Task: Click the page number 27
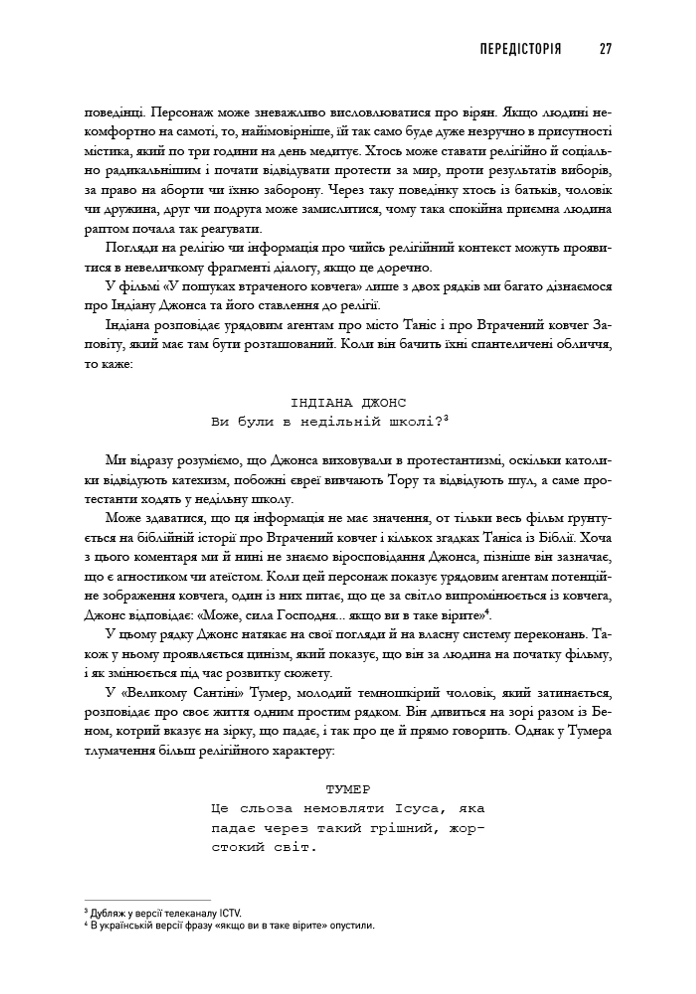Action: point(605,49)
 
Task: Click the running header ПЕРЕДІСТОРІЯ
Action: point(520,49)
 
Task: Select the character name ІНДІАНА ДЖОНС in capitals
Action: point(348,403)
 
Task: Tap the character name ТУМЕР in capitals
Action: point(348,789)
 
